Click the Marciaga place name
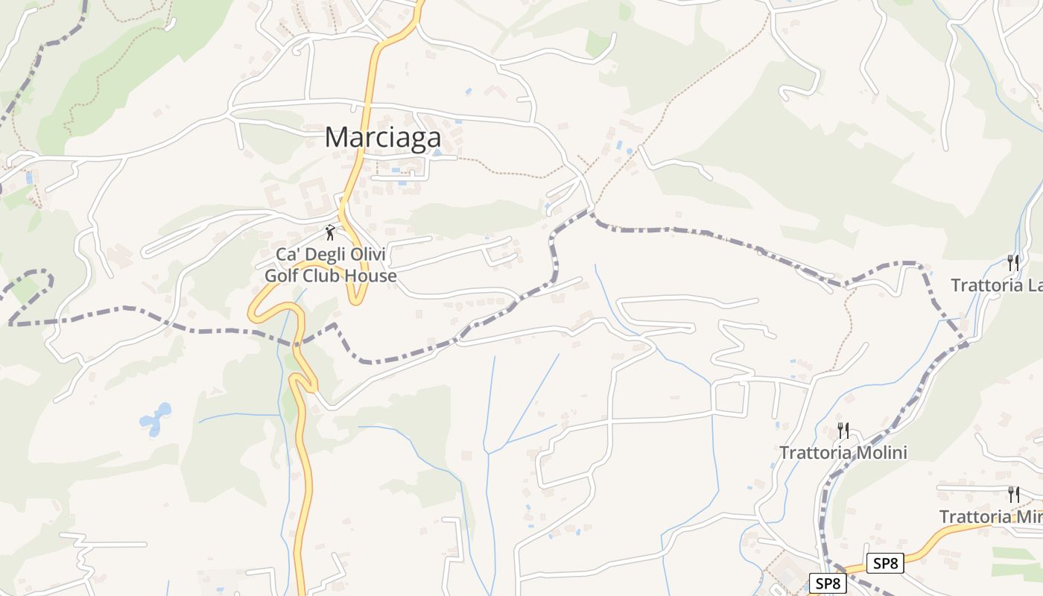pyautogui.click(x=383, y=137)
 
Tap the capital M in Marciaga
pyautogui.click(x=337, y=137)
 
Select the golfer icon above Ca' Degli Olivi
pyautogui.click(x=330, y=232)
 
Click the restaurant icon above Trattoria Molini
pyautogui.click(x=843, y=430)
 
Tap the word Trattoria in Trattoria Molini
pyautogui.click(x=811, y=453)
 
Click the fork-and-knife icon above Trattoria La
pyautogui.click(x=1012, y=262)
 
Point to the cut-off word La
pyautogui.click(x=1034, y=285)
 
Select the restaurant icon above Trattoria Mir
pyautogui.click(x=1013, y=494)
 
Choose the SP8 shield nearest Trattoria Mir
pyautogui.click(x=885, y=563)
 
